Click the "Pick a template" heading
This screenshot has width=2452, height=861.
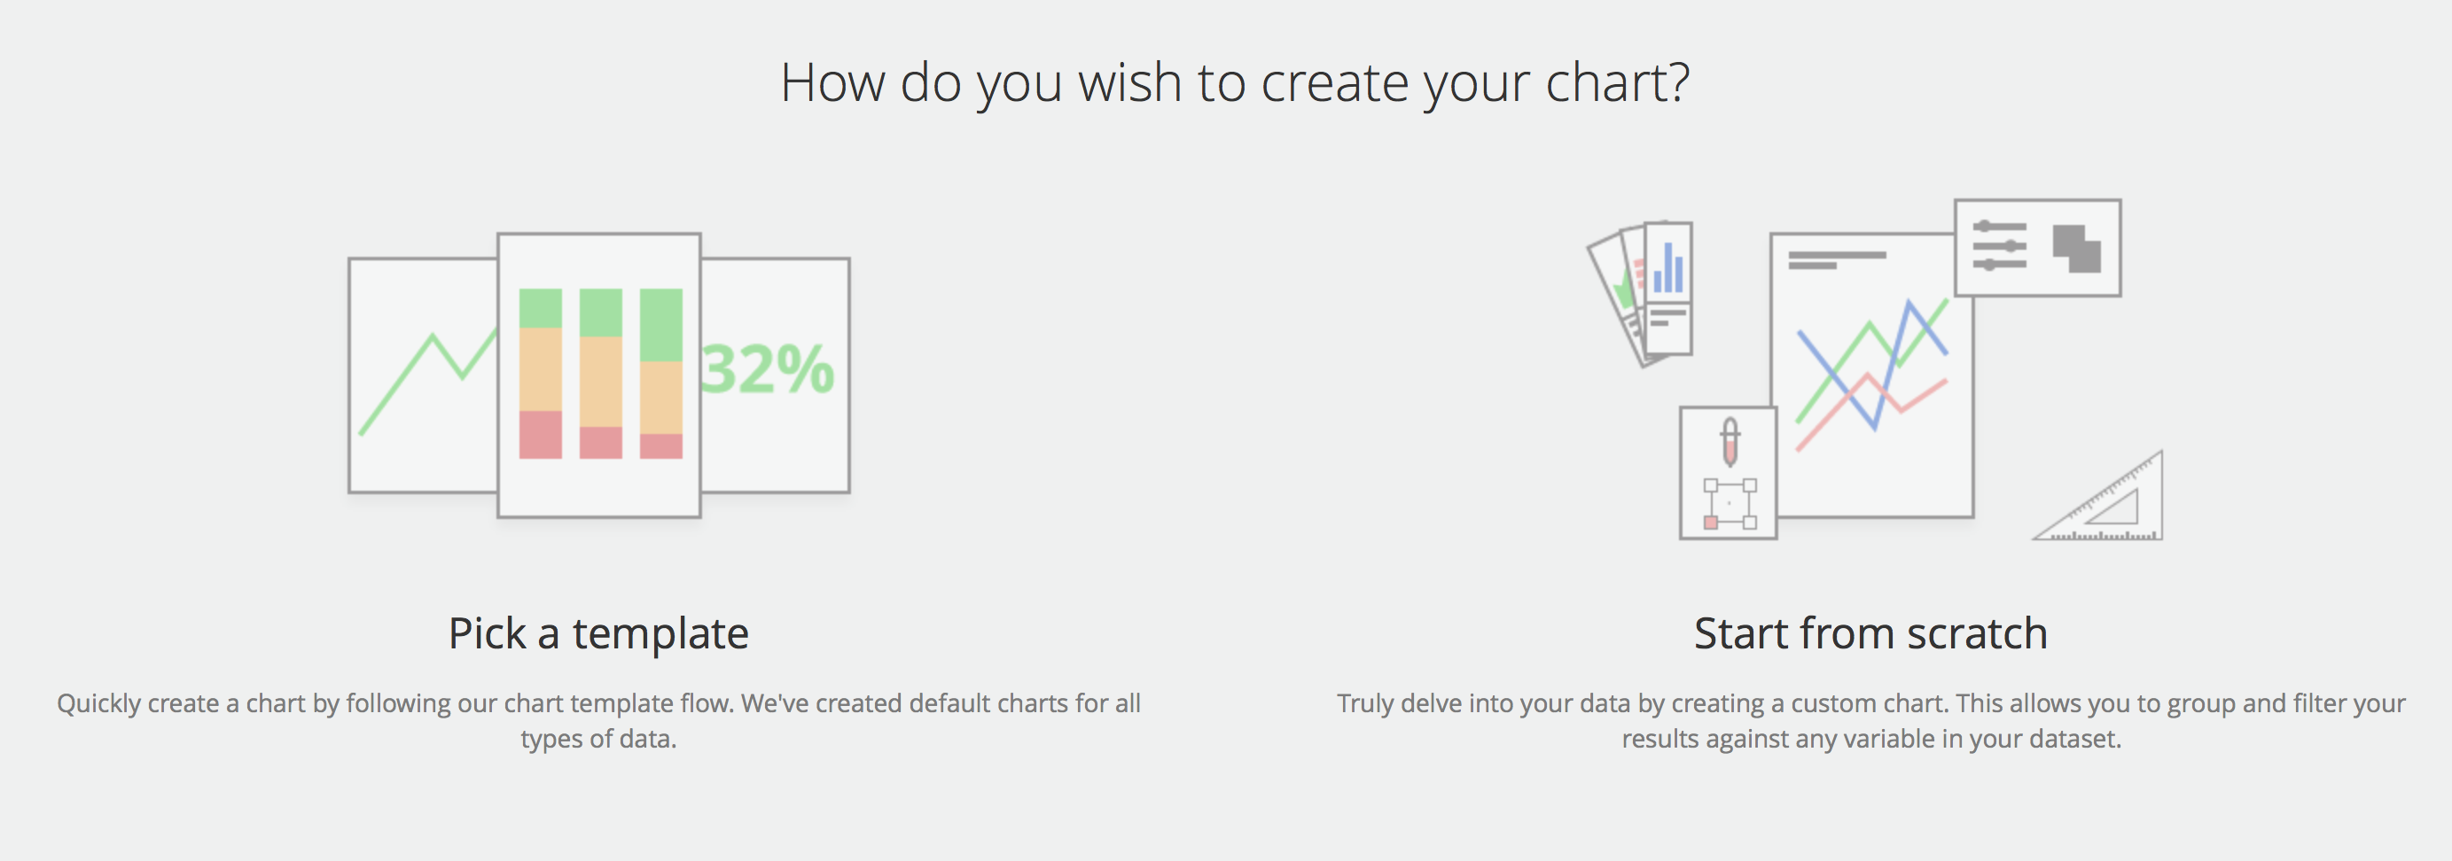(598, 634)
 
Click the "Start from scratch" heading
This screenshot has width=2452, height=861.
(1870, 633)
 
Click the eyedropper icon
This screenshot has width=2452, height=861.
(1730, 441)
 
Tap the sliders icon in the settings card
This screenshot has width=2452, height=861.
(1999, 245)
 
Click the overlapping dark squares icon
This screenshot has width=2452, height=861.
(2077, 247)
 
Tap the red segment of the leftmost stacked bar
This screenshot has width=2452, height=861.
(541, 435)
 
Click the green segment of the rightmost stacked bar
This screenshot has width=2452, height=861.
(660, 325)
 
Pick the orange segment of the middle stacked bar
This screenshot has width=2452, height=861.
(601, 382)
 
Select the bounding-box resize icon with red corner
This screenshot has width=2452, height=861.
(1730, 504)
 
